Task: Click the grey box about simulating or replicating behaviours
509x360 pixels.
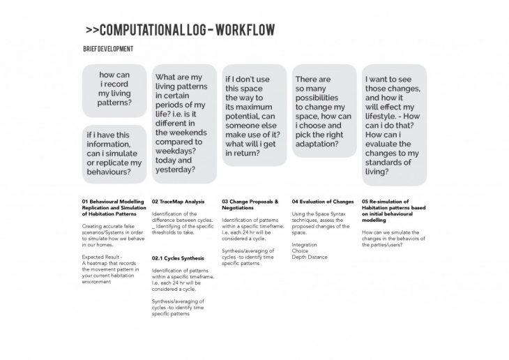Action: click(114, 152)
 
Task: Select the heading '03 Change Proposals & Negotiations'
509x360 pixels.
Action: click(250, 204)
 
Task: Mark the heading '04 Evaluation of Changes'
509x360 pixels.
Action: click(323, 202)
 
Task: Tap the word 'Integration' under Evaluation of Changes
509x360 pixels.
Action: click(304, 245)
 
